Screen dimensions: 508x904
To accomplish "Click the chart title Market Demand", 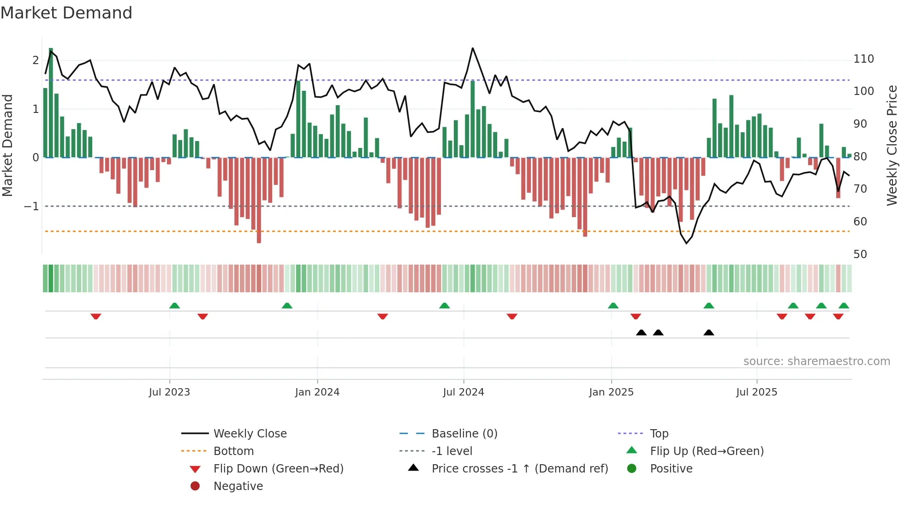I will pos(66,13).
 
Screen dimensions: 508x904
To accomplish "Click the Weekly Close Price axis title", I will pos(892,145).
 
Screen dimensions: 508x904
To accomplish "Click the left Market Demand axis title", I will pos(7,145).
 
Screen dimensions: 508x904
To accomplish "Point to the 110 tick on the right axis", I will pos(863,59).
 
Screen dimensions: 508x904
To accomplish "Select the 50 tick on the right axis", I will pos(860,254).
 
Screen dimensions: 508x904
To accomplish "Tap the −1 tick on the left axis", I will pos(32,207).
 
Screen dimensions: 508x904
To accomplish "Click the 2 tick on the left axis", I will pos(36,60).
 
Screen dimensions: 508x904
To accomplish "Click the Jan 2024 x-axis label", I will pos(317,392).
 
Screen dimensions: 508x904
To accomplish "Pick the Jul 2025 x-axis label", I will pos(756,392).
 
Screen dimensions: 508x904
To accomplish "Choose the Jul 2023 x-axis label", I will pos(169,392).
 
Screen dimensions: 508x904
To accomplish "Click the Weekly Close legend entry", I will pos(250,434).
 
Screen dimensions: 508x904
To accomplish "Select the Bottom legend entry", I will pos(233,451).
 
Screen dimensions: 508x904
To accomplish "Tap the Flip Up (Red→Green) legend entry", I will pos(707,451).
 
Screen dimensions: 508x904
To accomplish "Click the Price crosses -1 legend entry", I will pos(519,469).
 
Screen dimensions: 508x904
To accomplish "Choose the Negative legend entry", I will pos(238,486).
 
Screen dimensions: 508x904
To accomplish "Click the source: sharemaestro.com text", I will pos(816,361).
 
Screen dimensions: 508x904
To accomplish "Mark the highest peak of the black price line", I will pos(473,48).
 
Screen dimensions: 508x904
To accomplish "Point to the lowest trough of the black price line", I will pos(686,243).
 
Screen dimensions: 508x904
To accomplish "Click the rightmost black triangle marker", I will pos(709,332).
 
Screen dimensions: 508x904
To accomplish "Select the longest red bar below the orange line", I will pos(259,237).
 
